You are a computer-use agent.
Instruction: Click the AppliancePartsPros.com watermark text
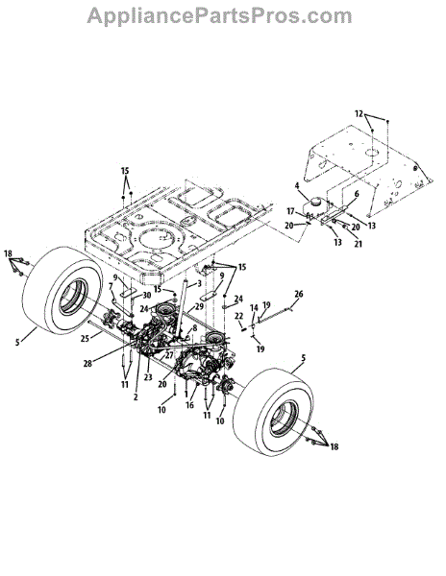219,16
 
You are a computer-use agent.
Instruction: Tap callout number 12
359,114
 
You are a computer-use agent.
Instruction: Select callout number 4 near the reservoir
297,186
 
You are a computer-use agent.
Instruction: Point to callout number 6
357,194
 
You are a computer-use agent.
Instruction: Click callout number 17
291,211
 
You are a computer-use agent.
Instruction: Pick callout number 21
358,244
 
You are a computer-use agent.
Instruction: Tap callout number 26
299,294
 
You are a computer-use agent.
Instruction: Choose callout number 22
239,316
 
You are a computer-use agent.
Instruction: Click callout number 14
254,308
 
